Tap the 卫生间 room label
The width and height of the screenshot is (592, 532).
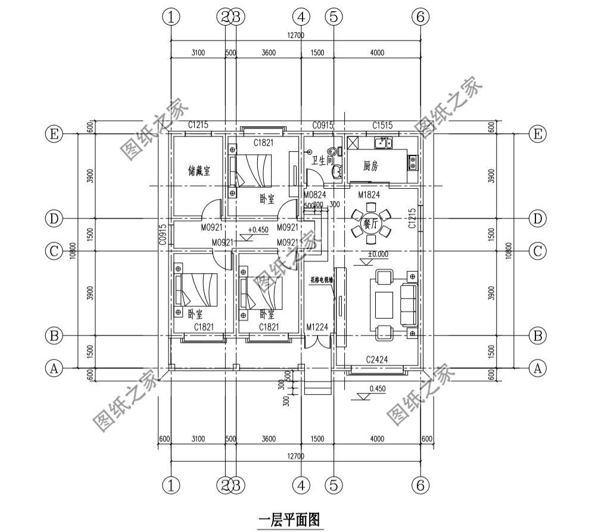[322, 161]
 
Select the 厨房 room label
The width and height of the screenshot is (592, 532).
[370, 167]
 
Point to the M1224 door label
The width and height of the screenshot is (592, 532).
[317, 326]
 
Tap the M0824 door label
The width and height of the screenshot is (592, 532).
[314, 195]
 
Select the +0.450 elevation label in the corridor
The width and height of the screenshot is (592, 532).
[257, 229]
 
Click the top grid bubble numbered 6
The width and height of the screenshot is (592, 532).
[420, 17]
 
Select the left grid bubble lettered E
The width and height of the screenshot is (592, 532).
[54, 135]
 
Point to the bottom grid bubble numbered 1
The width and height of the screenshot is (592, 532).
[171, 486]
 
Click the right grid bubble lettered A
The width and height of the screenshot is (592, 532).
[538, 369]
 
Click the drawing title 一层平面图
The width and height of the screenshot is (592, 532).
[290, 519]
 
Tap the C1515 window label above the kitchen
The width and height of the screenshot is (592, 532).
[382, 125]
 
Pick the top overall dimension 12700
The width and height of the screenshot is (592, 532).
[295, 36]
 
